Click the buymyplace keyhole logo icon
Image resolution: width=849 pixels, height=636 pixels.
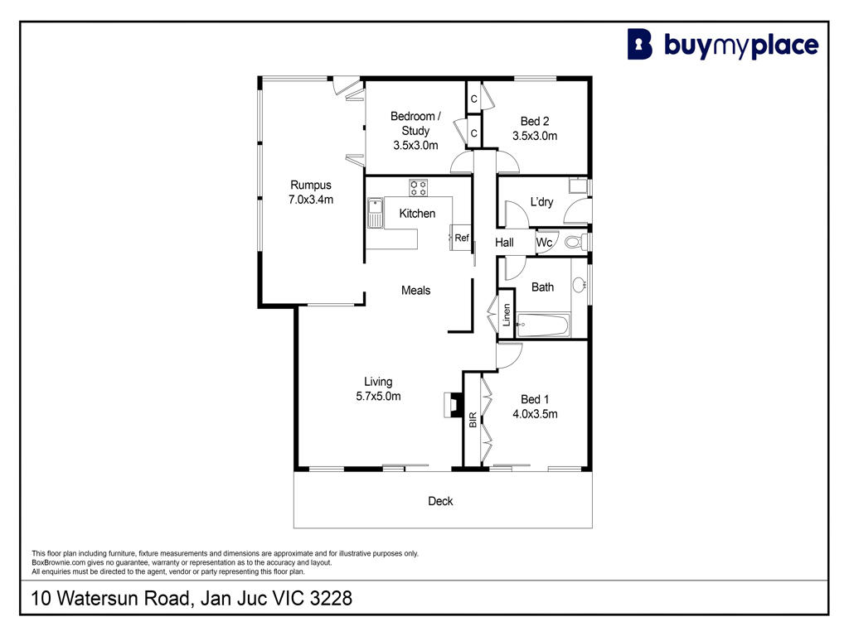639,45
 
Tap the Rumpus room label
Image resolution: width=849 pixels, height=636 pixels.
311,185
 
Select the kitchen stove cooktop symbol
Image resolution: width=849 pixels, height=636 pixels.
418,188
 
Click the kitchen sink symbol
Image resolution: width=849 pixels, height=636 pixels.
375,213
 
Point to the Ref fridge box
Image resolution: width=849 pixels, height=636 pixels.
461,238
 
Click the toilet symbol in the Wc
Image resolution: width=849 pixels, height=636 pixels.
575,242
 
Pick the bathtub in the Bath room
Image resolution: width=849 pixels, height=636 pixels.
542,325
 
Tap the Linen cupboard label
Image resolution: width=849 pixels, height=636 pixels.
507,315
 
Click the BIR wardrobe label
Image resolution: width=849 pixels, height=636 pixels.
473,420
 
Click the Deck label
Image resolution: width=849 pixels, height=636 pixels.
440,501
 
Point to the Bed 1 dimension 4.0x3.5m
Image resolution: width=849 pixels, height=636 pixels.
535,414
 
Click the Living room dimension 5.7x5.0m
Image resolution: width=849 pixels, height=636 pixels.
378,397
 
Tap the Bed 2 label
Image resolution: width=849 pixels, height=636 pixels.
535,121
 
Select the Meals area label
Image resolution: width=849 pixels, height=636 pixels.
416,291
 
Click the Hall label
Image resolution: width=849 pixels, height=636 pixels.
504,243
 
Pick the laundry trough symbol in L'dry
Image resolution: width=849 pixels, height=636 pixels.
578,185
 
